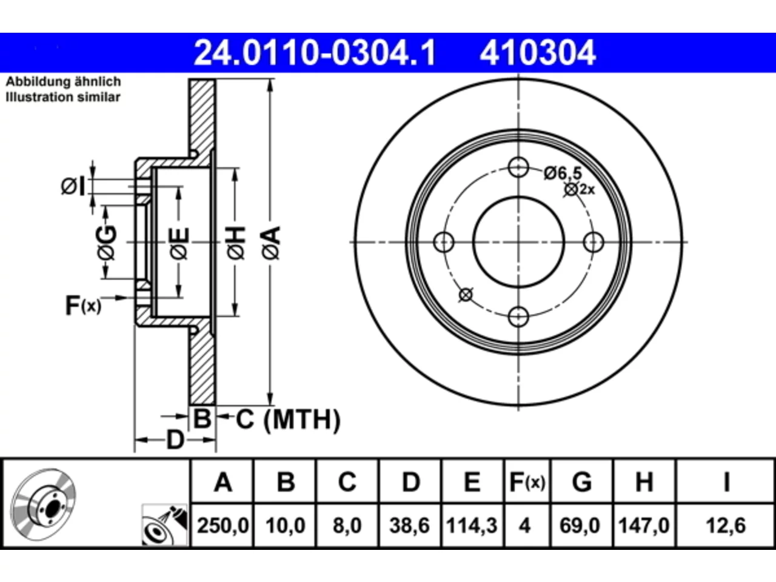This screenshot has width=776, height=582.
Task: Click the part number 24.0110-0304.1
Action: pyautogui.click(x=315, y=53)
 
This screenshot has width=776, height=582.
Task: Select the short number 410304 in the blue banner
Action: pyautogui.click(x=538, y=53)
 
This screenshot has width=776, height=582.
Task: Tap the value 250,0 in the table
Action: pyautogui.click(x=222, y=526)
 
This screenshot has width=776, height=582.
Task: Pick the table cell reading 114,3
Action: pyautogui.click(x=472, y=526)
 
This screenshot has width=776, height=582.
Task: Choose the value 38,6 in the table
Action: pyautogui.click(x=409, y=526)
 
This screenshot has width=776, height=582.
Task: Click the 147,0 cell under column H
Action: pyautogui.click(x=644, y=526)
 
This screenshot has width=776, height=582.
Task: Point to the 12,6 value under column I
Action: pyautogui.click(x=726, y=526)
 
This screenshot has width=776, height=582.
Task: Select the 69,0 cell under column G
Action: pyautogui.click(x=580, y=526)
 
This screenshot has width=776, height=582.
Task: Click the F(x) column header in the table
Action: pyautogui.click(x=527, y=482)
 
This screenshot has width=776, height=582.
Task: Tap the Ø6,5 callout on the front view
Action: pyautogui.click(x=563, y=173)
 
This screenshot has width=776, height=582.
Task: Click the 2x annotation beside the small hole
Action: pyautogui.click(x=587, y=190)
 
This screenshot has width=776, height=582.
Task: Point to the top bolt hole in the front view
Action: pyautogui.click(x=518, y=167)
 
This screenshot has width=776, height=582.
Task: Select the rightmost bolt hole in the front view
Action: pyautogui.click(x=594, y=242)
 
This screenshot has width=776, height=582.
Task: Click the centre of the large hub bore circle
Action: pyautogui.click(x=518, y=242)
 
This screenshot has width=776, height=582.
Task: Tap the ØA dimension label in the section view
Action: pyautogui.click(x=272, y=243)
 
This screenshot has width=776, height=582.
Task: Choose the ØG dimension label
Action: pyautogui.click(x=106, y=242)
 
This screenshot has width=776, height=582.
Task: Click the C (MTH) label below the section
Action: pyautogui.click(x=288, y=420)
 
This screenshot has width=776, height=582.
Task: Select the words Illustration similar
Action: pyautogui.click(x=63, y=97)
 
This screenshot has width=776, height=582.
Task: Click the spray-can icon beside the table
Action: pyautogui.click(x=164, y=526)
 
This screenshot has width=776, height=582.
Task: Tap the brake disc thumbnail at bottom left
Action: pyautogui.click(x=43, y=504)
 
